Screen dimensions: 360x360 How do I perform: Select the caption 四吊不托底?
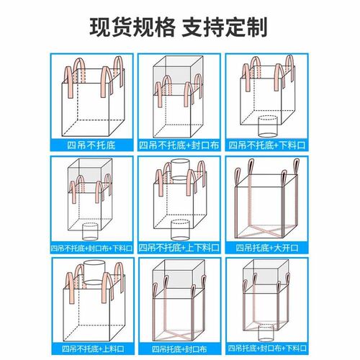pyautogui.click(x=91, y=145)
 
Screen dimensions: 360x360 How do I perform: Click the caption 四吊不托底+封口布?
pyautogui.click(x=179, y=145)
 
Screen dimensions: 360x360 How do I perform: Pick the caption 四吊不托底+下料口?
pyautogui.click(x=266, y=145)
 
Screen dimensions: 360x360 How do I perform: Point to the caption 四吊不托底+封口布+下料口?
pyautogui.click(x=91, y=248)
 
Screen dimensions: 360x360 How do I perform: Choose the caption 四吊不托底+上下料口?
pyautogui.click(x=179, y=248)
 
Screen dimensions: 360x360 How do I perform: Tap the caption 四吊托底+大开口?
pyautogui.click(x=266, y=248)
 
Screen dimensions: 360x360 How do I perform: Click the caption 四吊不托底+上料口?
pyautogui.click(x=93, y=348)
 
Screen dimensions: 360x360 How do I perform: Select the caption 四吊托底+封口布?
pyautogui.click(x=179, y=349)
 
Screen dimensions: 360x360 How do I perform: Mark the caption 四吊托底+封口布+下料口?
pyautogui.click(x=267, y=348)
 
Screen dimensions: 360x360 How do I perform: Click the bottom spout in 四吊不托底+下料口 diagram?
pyautogui.click(x=267, y=126)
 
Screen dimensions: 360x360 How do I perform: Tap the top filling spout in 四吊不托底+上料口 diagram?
pyautogui.click(x=94, y=273)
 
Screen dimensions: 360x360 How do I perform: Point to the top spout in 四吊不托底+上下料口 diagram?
pyautogui.click(x=181, y=170)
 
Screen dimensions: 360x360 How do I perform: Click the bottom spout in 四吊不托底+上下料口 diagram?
pyautogui.click(x=181, y=229)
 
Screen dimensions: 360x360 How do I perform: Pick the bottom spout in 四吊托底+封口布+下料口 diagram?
pyautogui.click(x=266, y=333)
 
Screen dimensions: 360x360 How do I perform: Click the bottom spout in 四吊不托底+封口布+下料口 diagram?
pyautogui.click(x=90, y=231)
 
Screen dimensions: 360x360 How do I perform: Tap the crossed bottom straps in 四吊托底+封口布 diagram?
pyautogui.click(x=179, y=333)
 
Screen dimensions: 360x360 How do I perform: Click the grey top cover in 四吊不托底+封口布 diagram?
pyautogui.click(x=179, y=76)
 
